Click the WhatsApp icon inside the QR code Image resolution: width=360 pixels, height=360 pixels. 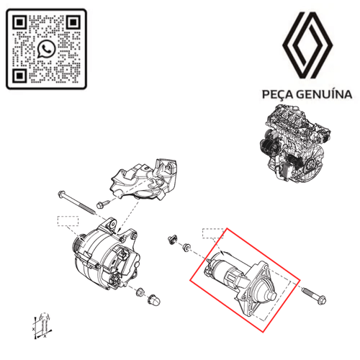coord(48,48)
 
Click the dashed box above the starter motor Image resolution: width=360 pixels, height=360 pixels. coord(214,233)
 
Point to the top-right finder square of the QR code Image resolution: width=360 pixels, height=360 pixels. coord(75,21)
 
